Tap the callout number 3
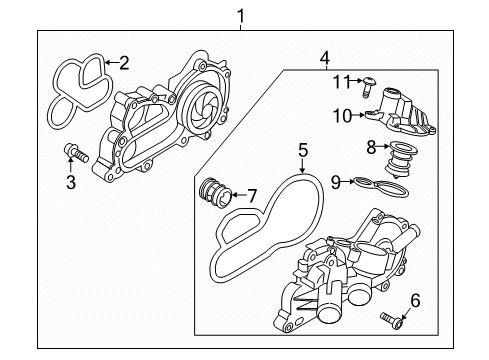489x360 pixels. click(71, 183)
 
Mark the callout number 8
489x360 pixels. click(370, 147)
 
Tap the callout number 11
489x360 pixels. click(340, 80)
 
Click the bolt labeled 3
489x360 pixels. click(74, 153)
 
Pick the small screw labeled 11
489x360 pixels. click(370, 83)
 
